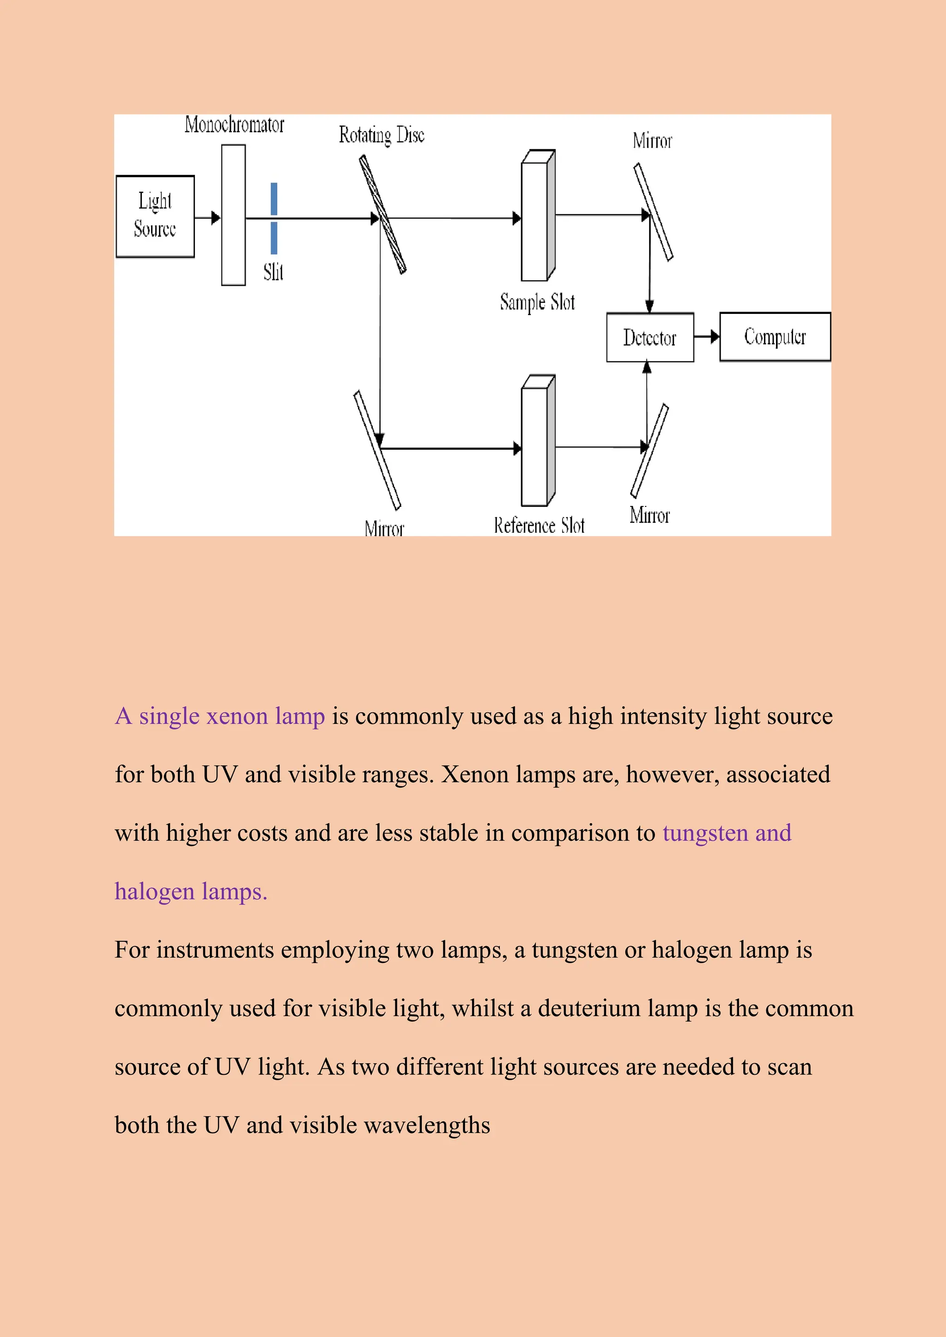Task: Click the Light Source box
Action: [155, 216]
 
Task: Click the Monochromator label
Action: [234, 125]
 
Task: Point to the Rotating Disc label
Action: [382, 135]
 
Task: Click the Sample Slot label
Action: [537, 302]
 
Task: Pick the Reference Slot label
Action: [539, 525]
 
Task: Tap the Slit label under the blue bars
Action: [273, 272]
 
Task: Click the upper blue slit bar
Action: [274, 199]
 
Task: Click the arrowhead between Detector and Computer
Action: [714, 337]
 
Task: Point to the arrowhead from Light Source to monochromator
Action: [216, 218]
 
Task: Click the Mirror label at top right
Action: [652, 141]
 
